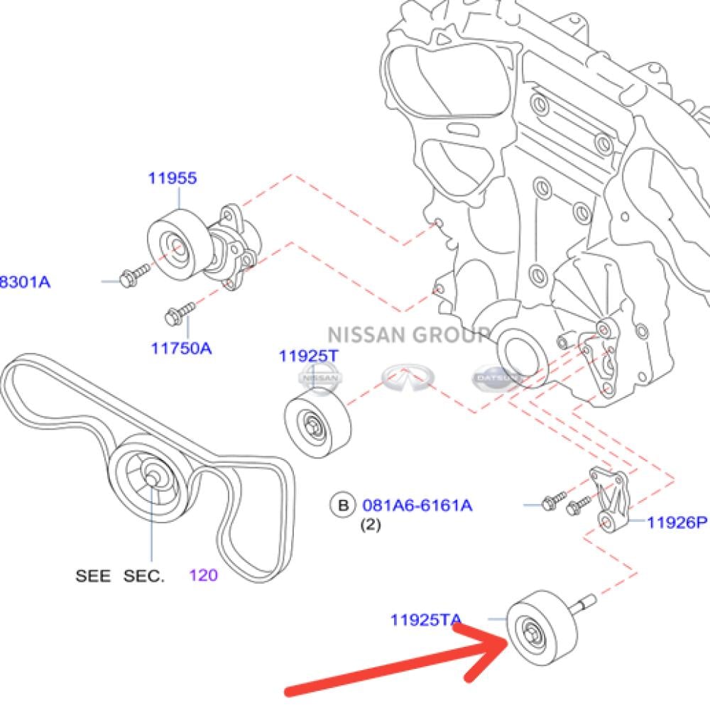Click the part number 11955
click(x=172, y=178)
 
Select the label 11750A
click(x=181, y=349)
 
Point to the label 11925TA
click(x=425, y=620)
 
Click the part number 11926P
click(x=677, y=523)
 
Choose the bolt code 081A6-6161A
click(x=417, y=506)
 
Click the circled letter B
click(x=343, y=506)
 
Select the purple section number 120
click(x=203, y=575)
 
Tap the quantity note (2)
click(x=370, y=526)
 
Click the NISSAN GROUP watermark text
click(x=408, y=334)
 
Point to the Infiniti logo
click(x=407, y=378)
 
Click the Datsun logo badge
click(x=496, y=378)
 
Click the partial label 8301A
click(x=26, y=282)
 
